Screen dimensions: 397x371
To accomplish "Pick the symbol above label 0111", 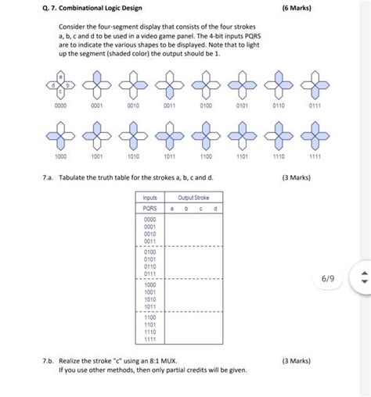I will tap(315, 84).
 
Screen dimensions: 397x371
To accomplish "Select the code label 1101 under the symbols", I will tap(242, 156).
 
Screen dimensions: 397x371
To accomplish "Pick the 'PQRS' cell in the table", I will tap(149, 209).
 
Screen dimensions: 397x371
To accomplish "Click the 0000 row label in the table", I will tap(149, 220).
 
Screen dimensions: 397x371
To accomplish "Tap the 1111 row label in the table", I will tap(149, 340).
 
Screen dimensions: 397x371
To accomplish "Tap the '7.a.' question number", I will tap(49, 178).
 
